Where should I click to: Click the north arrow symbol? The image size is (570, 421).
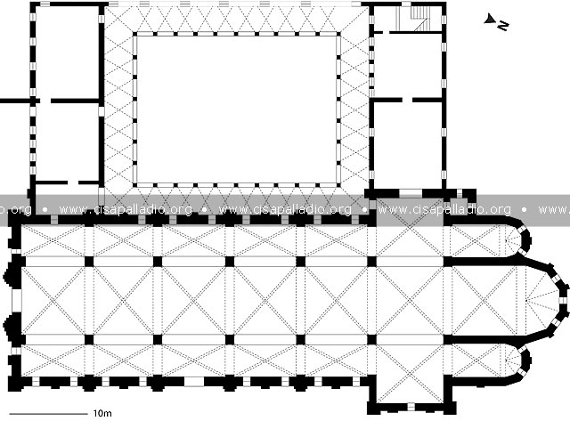tap(496, 21)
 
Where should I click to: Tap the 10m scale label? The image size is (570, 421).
tap(102, 413)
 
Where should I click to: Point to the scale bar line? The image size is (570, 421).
tap(48, 413)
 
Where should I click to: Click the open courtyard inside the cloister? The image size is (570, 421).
tap(237, 109)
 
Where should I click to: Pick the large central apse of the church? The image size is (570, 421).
tap(541, 301)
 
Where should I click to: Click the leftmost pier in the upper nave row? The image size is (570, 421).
tap(89, 262)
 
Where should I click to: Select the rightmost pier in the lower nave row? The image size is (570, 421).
tap(371, 340)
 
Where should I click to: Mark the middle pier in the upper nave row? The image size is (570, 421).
tap(230, 262)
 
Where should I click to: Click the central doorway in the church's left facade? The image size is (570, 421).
tap(16, 301)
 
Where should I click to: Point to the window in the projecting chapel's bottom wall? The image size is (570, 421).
tap(411, 407)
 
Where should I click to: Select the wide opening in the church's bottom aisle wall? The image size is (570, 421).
tap(193, 382)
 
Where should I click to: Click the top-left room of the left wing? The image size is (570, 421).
tap(66, 52)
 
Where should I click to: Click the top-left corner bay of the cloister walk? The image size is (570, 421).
tap(118, 20)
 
